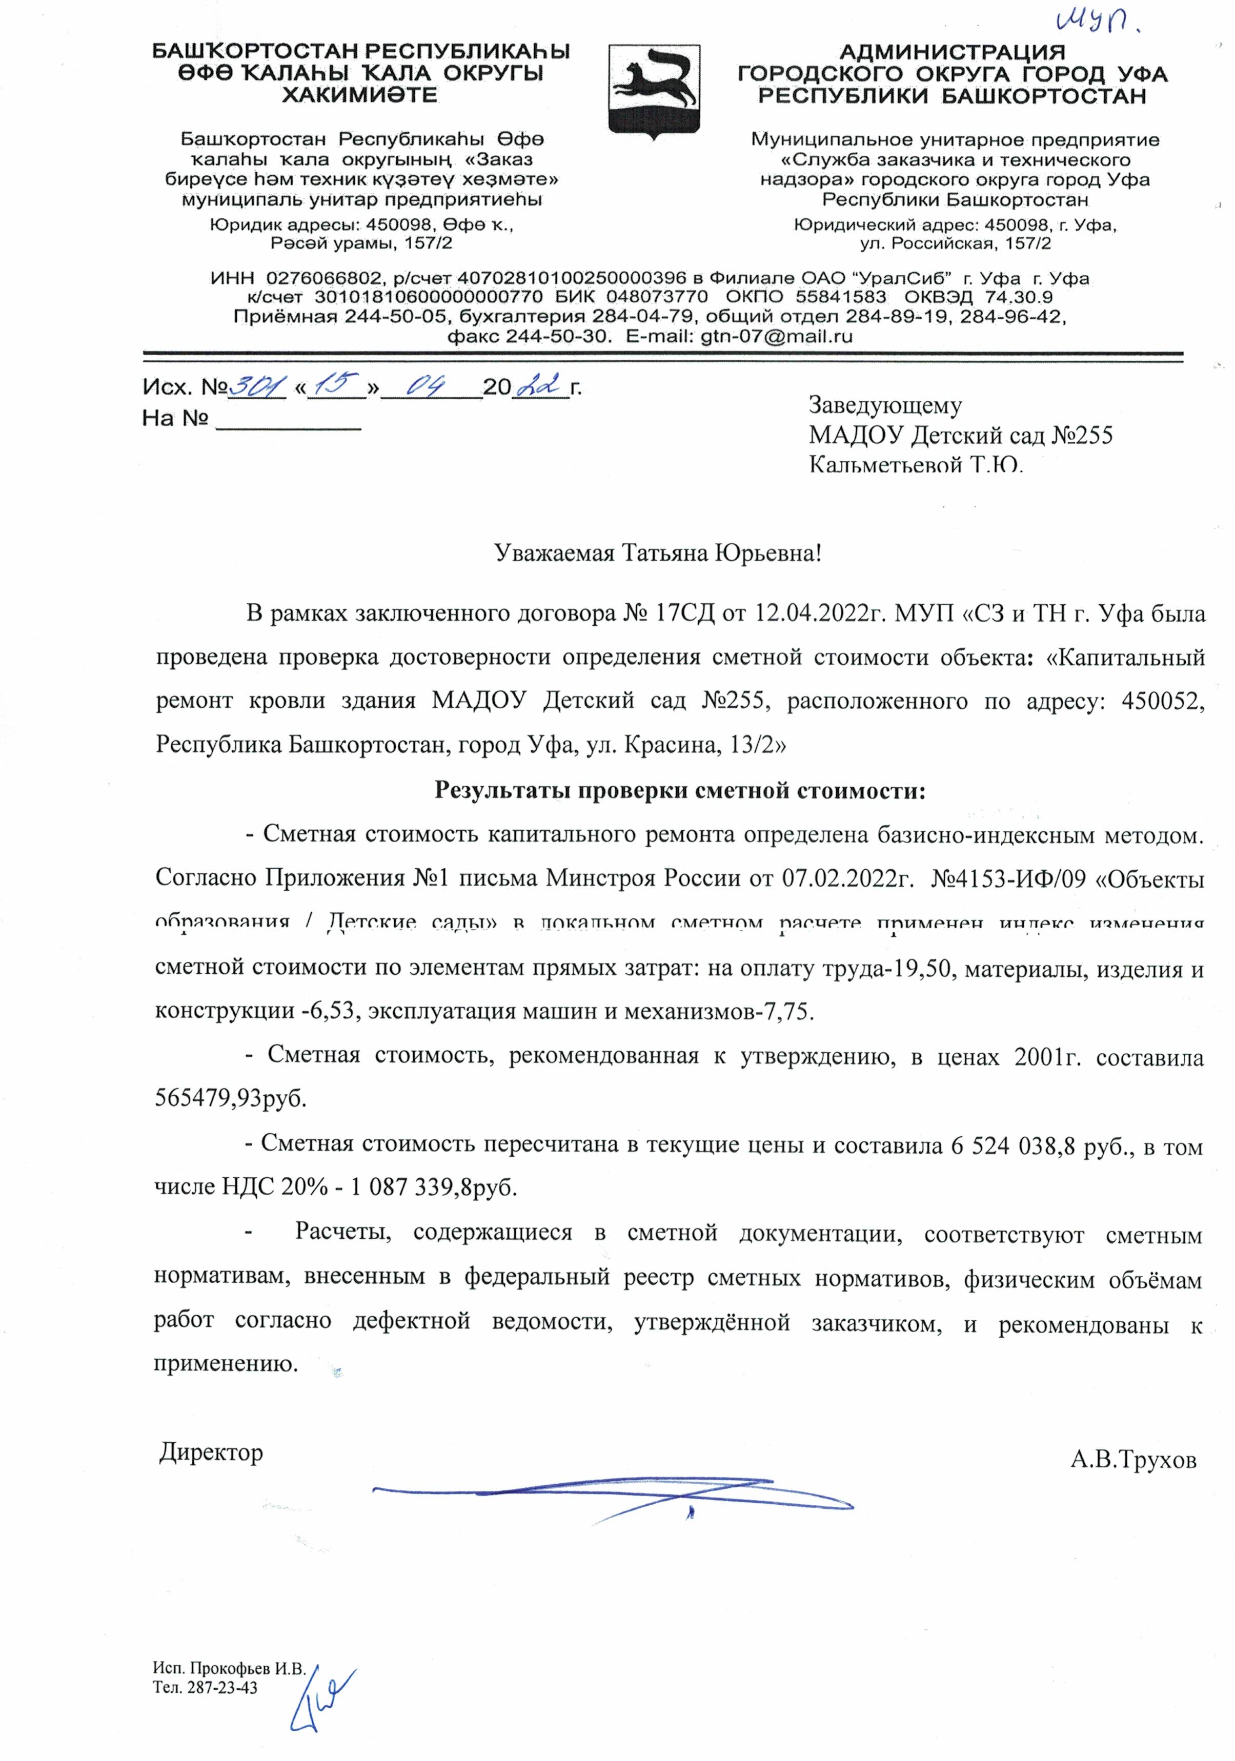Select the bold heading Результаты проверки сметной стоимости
pyautogui.click(x=680, y=790)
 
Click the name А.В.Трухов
pyautogui.click(x=1133, y=1460)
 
